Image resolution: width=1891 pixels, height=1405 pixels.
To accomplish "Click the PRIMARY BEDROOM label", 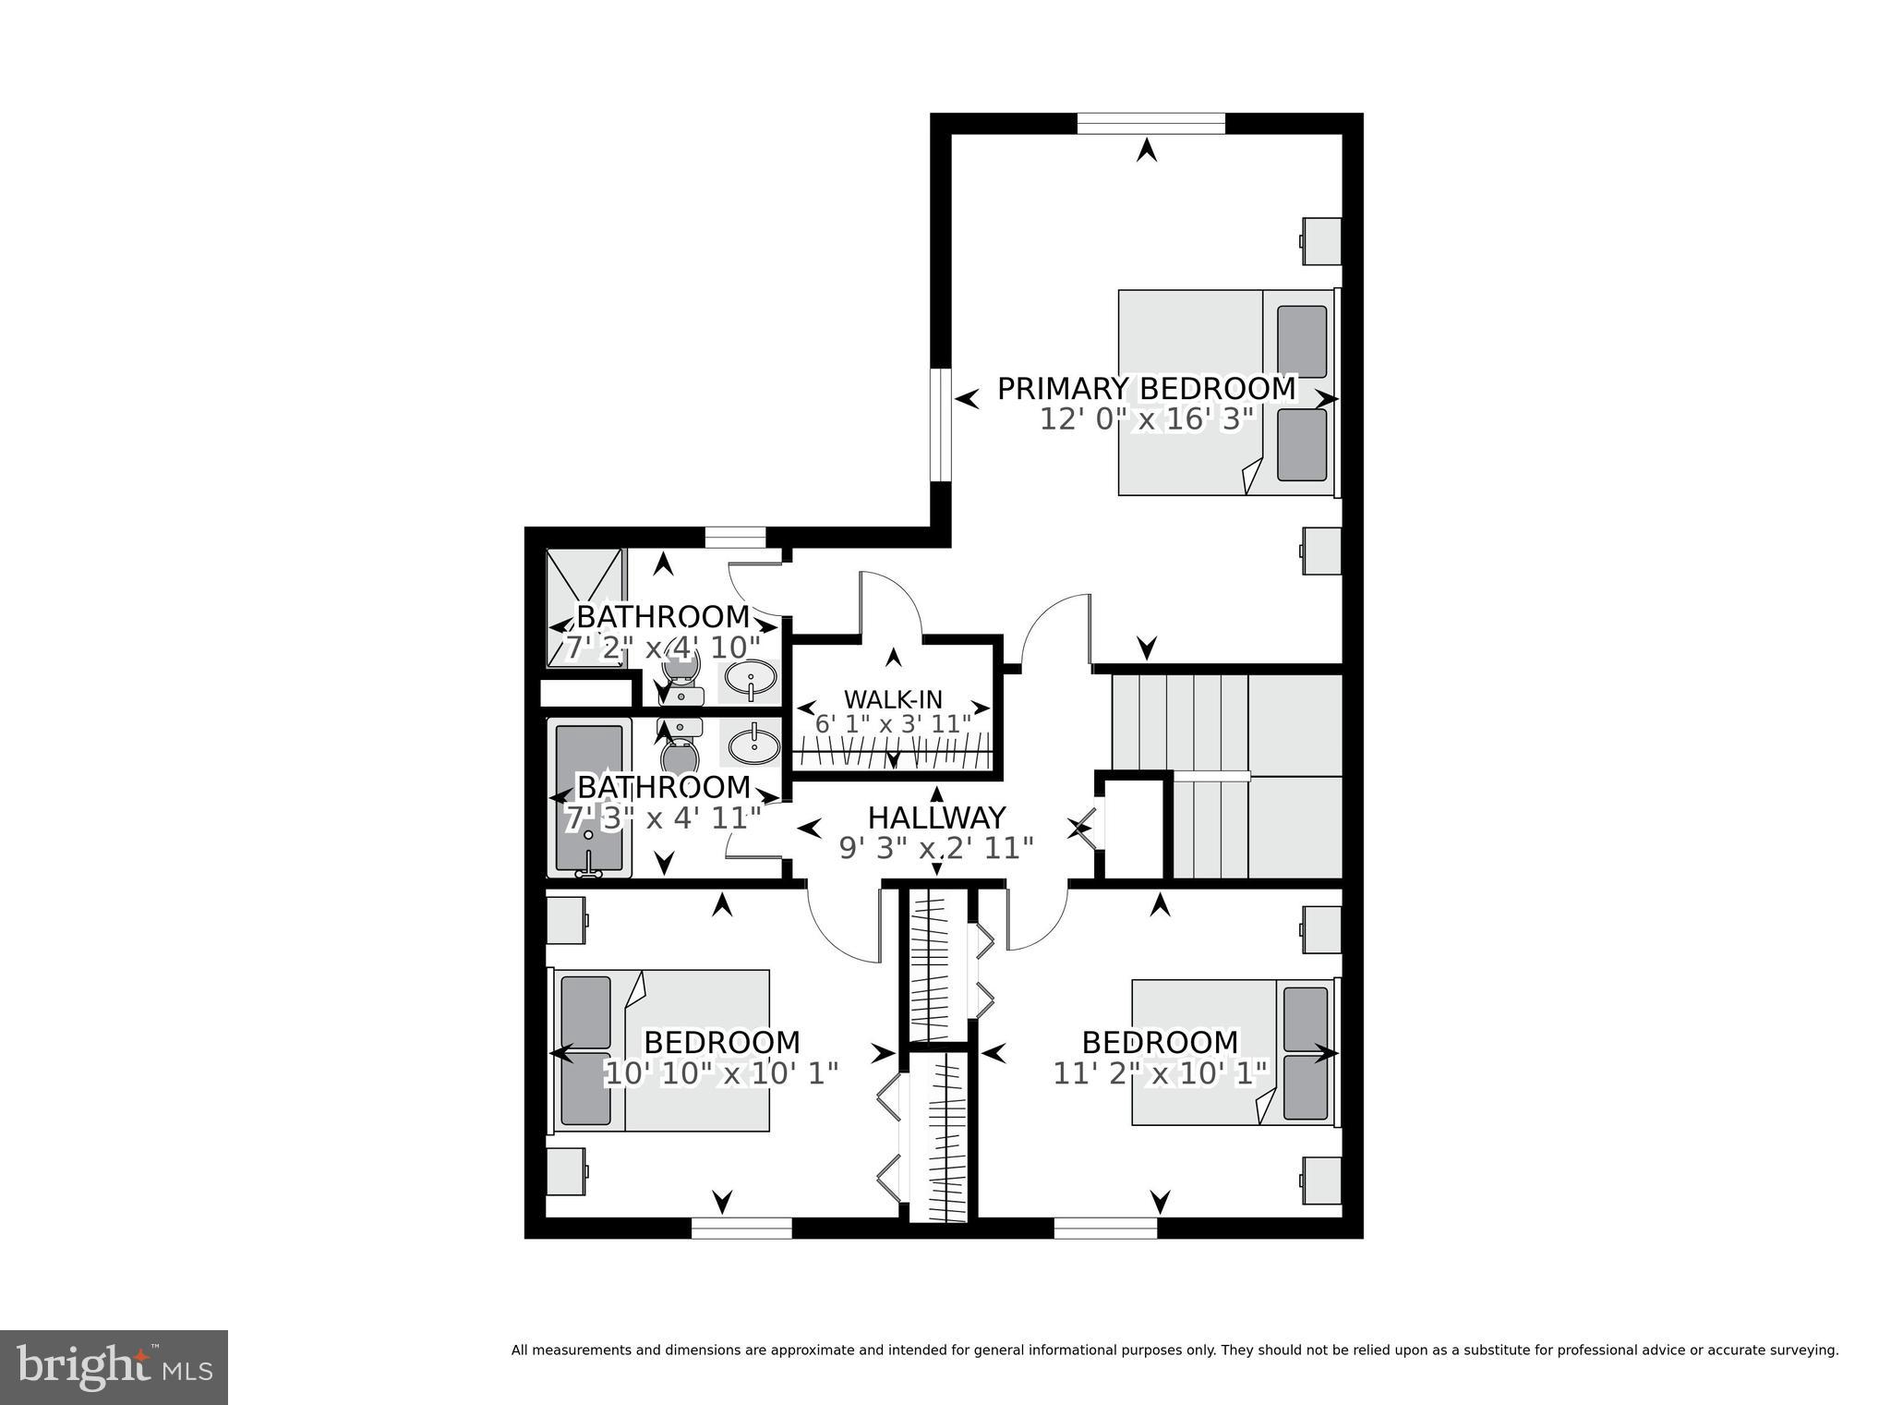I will click(1146, 389).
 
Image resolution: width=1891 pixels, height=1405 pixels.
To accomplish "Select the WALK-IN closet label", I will click(893, 699).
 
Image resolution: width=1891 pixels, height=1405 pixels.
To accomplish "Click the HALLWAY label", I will click(936, 818).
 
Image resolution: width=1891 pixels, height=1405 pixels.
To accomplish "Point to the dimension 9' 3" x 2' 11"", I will click(935, 848).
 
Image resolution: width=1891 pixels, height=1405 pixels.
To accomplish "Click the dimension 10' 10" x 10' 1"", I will click(721, 1073).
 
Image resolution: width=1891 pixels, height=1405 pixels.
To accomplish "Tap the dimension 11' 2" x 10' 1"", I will click(1161, 1073).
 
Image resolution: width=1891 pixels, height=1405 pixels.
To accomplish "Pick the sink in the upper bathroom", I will click(751, 681).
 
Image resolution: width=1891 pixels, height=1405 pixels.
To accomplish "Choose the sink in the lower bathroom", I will click(755, 744).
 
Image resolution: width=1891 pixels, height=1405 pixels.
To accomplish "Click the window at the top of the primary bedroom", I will click(1150, 123).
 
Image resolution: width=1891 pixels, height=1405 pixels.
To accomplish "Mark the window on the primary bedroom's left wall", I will click(940, 425).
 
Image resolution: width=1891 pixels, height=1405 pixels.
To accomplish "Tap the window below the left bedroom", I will click(741, 1228).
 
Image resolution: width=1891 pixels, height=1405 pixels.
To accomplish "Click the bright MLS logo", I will click(114, 1365).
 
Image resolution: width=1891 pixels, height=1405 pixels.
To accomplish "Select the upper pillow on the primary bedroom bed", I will click(1302, 343).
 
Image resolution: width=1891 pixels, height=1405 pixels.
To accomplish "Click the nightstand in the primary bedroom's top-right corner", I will click(1321, 241).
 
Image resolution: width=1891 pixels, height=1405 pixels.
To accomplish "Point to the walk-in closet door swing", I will click(891, 603).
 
